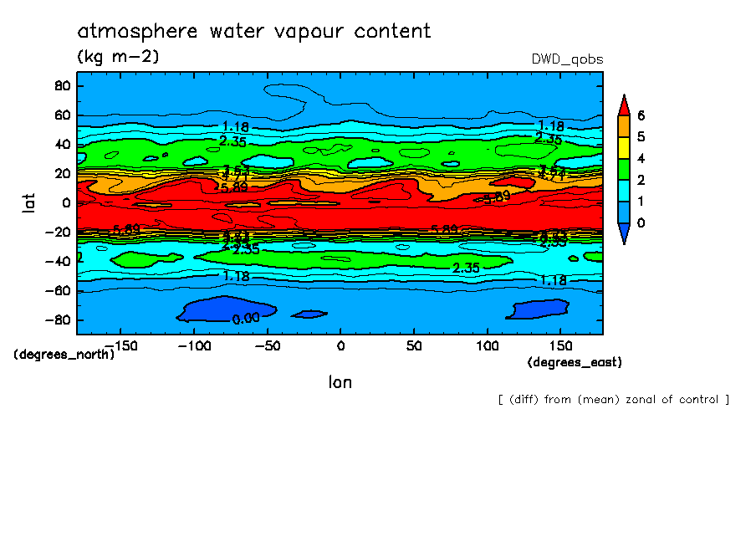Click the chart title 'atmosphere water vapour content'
[254, 32]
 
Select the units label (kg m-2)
[118, 57]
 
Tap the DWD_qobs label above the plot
[567, 59]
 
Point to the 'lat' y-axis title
[30, 202]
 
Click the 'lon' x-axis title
[340, 382]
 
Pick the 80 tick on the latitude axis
[60, 85]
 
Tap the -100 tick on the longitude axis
[193, 345]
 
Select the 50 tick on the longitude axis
[413, 345]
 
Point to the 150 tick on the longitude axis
[560, 345]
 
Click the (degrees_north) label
[64, 355]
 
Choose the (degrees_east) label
[575, 362]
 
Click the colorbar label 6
[641, 115]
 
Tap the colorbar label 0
[641, 223]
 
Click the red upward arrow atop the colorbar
[623, 105]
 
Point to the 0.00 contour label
[245, 319]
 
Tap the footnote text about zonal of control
[613, 399]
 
